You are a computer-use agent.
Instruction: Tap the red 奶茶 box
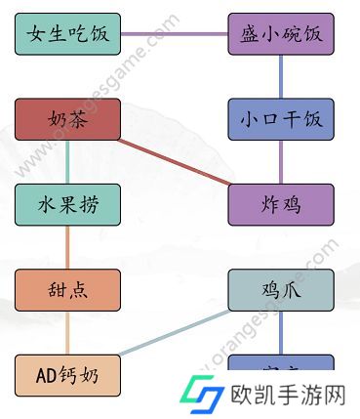68,120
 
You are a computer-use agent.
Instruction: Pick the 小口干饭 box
281,120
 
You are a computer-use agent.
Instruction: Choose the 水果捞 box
68,205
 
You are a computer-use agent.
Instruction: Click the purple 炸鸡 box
281,205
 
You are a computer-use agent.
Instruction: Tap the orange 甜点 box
68,290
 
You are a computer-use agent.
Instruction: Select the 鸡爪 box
281,290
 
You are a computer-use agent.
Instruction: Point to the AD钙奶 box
68,375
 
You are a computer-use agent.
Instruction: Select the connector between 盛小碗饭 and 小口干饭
281,77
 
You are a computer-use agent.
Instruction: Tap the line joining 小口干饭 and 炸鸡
281,162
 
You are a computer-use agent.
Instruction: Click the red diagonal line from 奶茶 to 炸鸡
175,162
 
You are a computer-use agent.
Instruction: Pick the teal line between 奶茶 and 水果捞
68,162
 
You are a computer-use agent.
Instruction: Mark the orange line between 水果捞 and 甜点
68,247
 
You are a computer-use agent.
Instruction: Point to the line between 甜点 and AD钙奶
68,332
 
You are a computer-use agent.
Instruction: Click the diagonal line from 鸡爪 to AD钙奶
175,332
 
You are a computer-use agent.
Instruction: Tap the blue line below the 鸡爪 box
281,332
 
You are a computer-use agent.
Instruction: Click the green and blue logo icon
203,395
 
